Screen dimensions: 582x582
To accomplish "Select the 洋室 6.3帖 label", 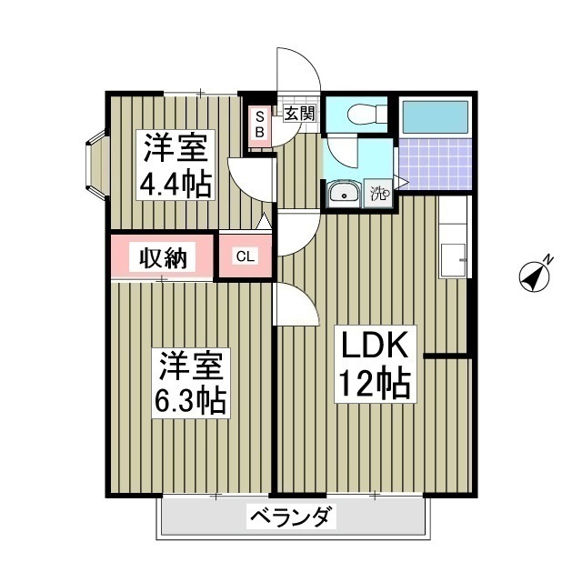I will tap(192, 382).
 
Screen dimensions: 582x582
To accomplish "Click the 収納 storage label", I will tap(163, 257).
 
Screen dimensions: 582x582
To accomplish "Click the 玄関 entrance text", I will tap(299, 114).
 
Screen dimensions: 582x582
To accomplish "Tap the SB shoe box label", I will tap(259, 124).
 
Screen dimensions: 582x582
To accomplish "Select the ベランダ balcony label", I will tap(292, 519).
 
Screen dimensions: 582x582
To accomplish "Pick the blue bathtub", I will tap(435, 117).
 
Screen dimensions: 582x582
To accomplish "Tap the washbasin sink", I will tap(344, 193).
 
